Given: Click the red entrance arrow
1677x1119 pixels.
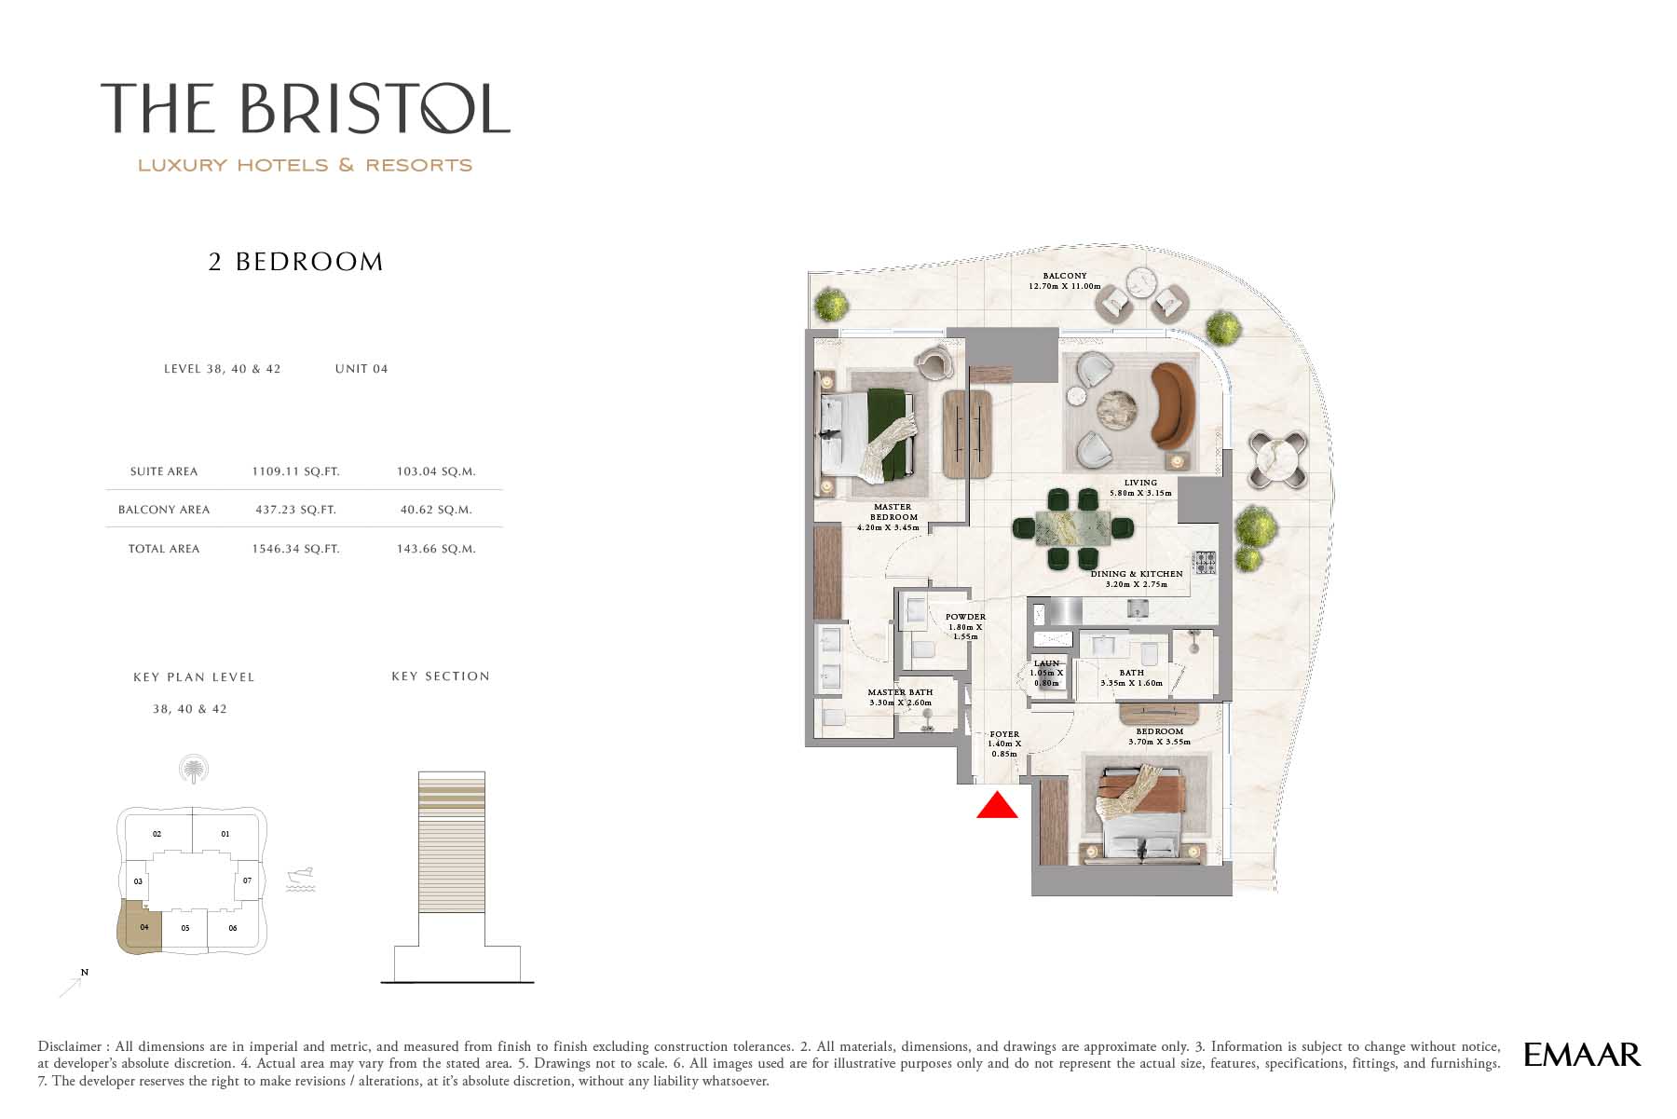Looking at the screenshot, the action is (997, 805).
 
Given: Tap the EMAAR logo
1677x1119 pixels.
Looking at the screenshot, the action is (1582, 1054).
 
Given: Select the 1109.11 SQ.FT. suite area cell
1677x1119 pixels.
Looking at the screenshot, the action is (295, 471).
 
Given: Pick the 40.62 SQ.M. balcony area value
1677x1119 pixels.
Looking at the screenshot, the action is (436, 510).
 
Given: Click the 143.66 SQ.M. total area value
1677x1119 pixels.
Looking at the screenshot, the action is (436, 549).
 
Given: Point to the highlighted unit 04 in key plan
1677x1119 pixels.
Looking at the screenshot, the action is (139, 927).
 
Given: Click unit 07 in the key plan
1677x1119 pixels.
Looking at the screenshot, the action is (247, 880).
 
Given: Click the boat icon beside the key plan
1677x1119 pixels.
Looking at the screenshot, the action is (300, 880).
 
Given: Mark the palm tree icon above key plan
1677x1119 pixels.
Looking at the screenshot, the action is (193, 770).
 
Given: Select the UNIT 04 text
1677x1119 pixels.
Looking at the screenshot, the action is (361, 369).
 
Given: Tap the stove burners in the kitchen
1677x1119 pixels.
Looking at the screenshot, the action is (1206, 562).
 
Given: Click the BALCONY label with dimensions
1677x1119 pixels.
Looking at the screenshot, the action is (1065, 280).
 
